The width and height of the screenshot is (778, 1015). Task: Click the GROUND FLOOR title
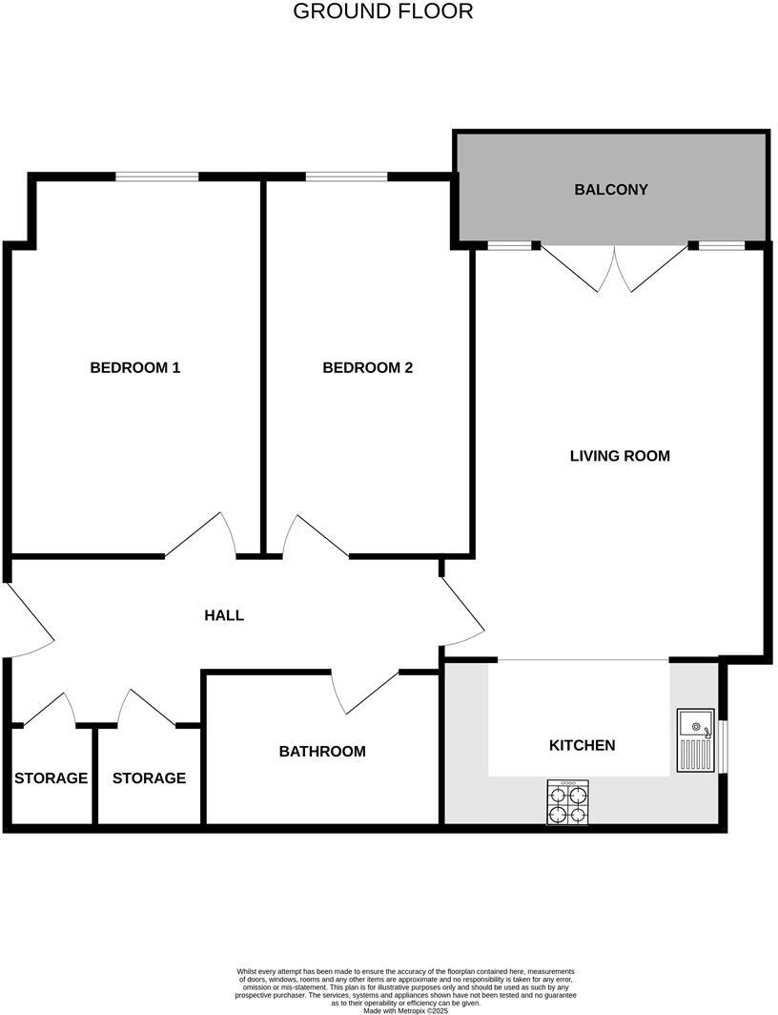pos(382,11)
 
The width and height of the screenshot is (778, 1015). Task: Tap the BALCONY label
pos(610,189)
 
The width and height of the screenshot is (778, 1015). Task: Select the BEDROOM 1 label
pos(134,367)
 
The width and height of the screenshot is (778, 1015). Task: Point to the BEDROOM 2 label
pos(367,367)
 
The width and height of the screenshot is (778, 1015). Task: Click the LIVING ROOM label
pos(619,456)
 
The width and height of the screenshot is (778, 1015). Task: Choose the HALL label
pos(224,615)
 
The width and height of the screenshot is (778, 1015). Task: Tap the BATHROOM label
pos(321,752)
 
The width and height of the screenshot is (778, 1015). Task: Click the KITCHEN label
pos(582,745)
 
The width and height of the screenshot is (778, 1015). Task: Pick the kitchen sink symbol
pos(695,740)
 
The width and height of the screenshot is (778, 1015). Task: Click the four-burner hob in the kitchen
pos(567,801)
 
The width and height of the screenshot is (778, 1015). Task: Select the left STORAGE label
pos(51,778)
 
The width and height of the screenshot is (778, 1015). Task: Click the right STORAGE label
pos(149,778)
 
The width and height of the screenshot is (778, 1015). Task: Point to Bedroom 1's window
pos(157,176)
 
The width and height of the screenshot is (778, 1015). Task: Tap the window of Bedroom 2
pos(346,176)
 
